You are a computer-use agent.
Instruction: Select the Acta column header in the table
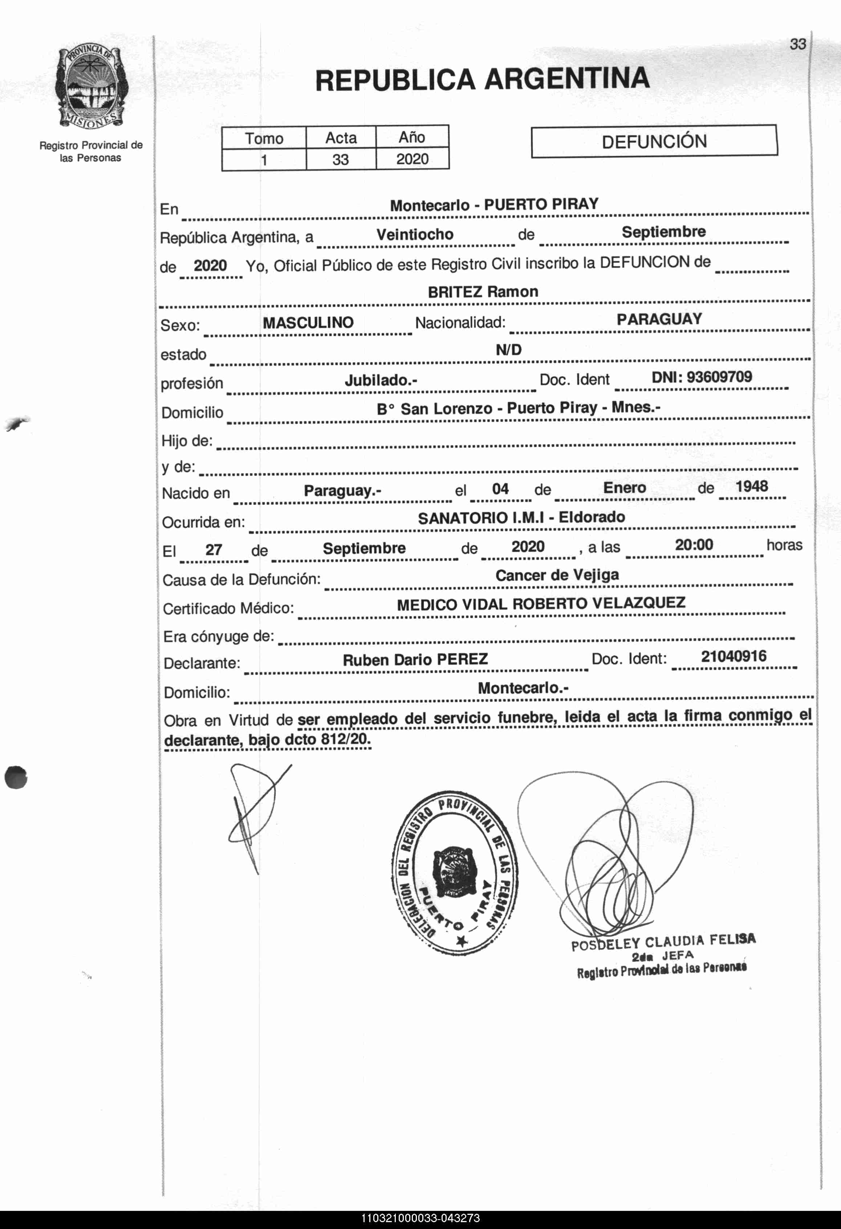coord(341,138)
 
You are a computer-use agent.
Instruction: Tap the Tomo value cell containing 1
coord(264,160)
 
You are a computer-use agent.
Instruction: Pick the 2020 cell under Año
coord(412,159)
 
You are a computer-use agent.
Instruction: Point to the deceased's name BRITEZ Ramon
coord(483,292)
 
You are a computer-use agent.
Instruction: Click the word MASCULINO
coord(308,322)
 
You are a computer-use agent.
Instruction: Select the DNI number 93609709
coord(701,377)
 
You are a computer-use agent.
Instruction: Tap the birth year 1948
coord(752,486)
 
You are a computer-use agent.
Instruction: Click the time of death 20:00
coord(694,545)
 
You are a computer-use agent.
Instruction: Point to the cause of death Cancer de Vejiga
coord(557,575)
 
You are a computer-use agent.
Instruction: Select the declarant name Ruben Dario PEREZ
coord(415,660)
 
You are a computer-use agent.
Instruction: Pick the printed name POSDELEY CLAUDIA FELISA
coord(663,942)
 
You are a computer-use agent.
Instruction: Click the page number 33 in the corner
coord(797,44)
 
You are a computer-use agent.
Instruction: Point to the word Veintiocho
coord(415,235)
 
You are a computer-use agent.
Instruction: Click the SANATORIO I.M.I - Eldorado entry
coord(521,518)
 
